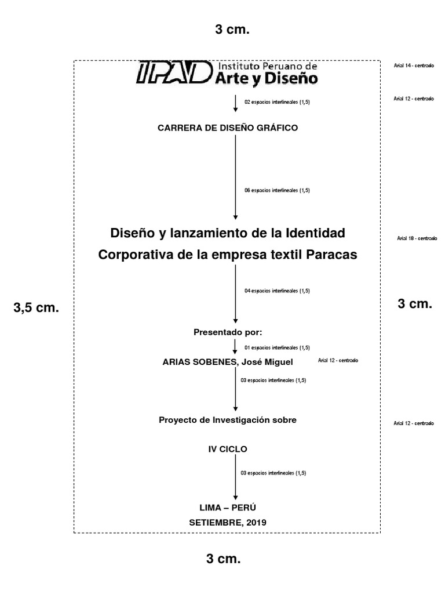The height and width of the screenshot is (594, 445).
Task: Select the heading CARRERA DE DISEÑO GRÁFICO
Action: click(x=228, y=128)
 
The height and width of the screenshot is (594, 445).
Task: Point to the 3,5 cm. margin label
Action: click(x=36, y=308)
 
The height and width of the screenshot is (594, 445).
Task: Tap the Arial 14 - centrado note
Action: click(x=414, y=66)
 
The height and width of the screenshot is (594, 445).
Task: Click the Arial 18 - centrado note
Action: click(x=417, y=238)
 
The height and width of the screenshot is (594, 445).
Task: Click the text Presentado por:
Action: click(x=228, y=332)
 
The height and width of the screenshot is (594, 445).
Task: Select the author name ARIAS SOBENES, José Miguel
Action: click(x=228, y=362)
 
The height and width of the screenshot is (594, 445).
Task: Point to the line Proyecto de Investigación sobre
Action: click(x=228, y=420)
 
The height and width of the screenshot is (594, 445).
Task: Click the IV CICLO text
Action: click(x=228, y=448)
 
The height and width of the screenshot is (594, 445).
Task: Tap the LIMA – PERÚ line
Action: click(x=228, y=507)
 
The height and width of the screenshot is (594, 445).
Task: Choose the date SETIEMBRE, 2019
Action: click(x=228, y=522)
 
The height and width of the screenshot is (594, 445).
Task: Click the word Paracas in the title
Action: click(x=332, y=255)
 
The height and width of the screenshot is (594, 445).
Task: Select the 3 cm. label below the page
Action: click(x=223, y=559)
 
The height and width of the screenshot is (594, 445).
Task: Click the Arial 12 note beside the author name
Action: click(x=338, y=361)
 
